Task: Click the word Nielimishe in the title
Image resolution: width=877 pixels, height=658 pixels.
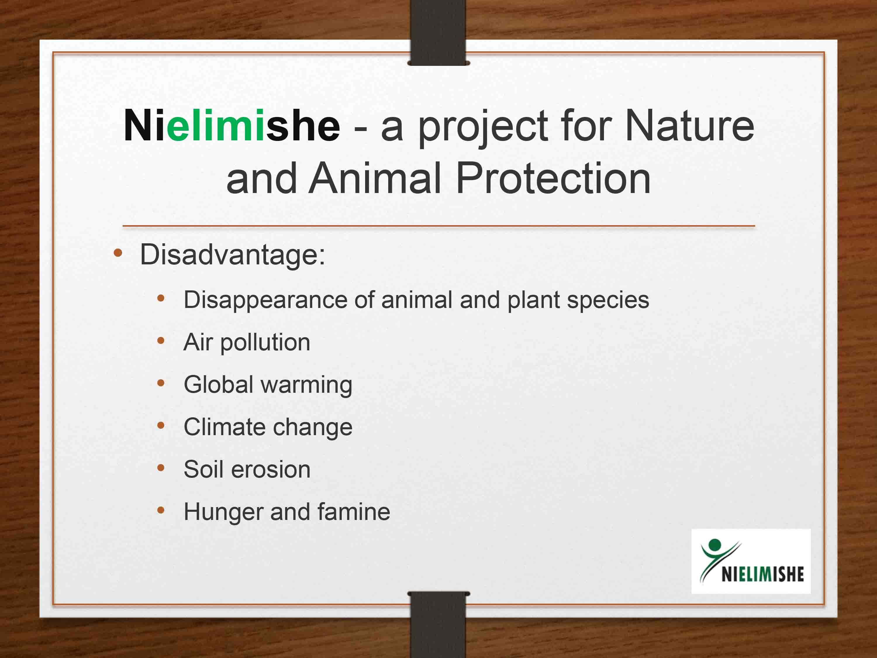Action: [232, 125]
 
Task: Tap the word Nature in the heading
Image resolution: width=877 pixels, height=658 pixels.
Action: [689, 125]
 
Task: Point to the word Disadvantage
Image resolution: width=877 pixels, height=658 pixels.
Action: [232, 255]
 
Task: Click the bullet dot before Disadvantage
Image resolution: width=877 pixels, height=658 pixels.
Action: [118, 253]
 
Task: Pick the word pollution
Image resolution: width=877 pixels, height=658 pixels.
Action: [265, 343]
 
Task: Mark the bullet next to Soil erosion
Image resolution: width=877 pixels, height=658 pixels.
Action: [160, 468]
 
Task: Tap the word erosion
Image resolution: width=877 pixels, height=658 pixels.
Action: [271, 470]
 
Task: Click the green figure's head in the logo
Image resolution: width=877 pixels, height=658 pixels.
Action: [715, 545]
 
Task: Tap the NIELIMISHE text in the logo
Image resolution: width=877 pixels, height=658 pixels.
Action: [762, 574]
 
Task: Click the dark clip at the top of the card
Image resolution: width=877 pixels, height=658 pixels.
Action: [438, 32]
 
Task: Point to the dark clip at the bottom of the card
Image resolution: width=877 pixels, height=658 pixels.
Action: [438, 624]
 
